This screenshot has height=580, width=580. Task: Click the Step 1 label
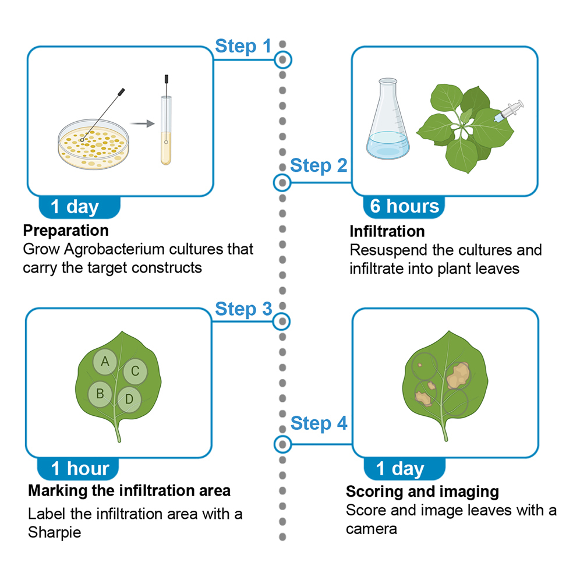(x=243, y=47)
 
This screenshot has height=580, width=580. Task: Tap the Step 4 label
(x=319, y=423)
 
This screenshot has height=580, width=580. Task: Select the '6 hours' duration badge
(x=404, y=206)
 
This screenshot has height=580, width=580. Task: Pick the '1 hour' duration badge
(x=78, y=469)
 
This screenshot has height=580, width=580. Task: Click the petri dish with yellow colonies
(x=94, y=144)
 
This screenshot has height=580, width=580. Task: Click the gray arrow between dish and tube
(x=143, y=123)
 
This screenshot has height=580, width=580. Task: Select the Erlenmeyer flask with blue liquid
(x=388, y=119)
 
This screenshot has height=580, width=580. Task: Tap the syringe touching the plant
(x=509, y=111)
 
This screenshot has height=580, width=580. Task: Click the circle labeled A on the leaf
(x=105, y=362)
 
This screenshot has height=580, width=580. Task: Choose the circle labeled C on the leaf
(x=135, y=371)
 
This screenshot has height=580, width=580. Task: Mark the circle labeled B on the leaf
(x=100, y=394)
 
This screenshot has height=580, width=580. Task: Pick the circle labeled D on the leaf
(x=129, y=399)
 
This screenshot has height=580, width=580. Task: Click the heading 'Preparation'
(x=66, y=231)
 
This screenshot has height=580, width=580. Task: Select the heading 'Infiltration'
(x=387, y=232)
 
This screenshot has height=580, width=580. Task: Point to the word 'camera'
(x=372, y=529)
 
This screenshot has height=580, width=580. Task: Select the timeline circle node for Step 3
(x=282, y=321)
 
